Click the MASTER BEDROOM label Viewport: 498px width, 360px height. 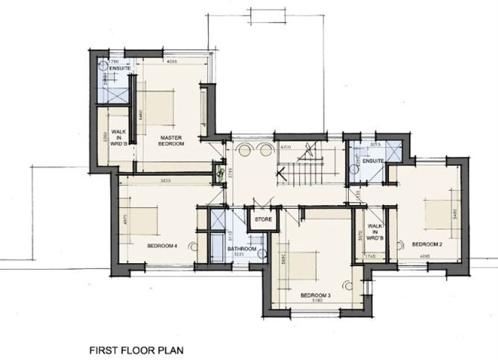point(171,139)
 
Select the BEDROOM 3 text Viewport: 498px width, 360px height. point(315,295)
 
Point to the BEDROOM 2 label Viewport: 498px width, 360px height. point(427,244)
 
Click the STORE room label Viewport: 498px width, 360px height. point(262,220)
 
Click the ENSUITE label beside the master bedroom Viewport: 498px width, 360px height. point(119,69)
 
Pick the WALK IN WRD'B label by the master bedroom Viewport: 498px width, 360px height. point(118,139)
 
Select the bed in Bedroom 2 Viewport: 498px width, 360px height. point(438,213)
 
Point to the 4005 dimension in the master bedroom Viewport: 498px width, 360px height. point(171,62)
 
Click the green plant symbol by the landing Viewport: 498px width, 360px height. point(219,173)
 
